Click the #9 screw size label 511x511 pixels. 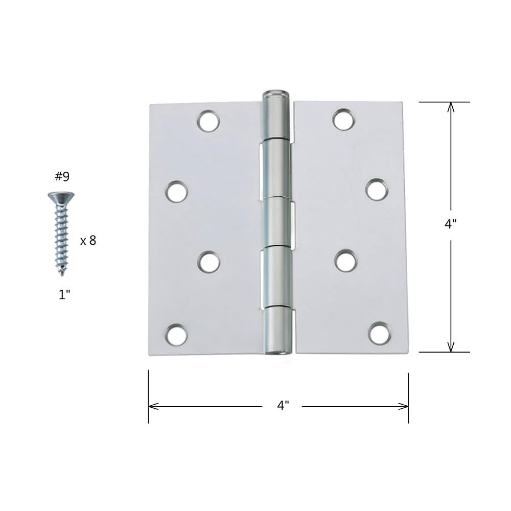62,177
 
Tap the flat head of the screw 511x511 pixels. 61,196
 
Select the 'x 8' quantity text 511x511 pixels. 88,241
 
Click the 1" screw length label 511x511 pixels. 63,295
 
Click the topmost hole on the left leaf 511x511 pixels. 208,122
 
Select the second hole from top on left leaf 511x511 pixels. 176,191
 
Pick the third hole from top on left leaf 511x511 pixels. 208,262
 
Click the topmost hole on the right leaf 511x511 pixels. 343,120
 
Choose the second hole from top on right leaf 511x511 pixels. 376,190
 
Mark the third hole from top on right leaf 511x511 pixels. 346,261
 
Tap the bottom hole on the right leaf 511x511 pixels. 379,333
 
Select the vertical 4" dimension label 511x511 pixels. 450,224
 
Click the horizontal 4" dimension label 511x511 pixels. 283,406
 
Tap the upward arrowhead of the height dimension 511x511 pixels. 450,106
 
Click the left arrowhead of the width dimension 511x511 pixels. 152,406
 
